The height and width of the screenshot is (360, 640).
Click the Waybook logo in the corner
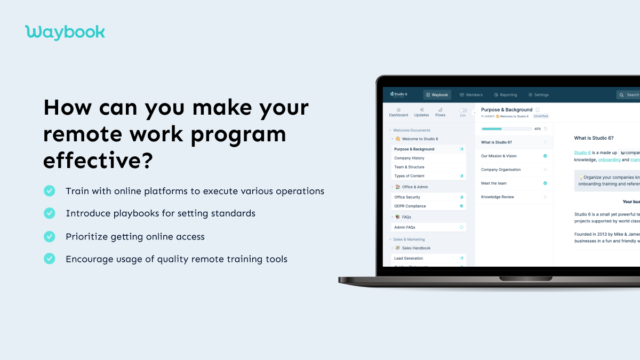[x=65, y=32]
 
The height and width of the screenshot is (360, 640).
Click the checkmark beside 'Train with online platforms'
[x=50, y=191]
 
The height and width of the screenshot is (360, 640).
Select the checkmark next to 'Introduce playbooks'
[x=50, y=213]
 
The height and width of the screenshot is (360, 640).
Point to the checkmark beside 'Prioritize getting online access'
[x=50, y=236]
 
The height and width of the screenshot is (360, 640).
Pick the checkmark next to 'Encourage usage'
[x=50, y=259]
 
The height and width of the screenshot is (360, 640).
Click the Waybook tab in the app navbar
[x=437, y=95]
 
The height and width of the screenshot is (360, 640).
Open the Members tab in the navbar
[x=471, y=95]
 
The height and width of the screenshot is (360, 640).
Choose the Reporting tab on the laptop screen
[x=505, y=95]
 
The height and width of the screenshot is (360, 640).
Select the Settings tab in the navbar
[x=538, y=95]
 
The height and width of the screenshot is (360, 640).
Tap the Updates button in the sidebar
[x=421, y=112]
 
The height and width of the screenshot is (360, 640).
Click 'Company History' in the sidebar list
[x=409, y=158]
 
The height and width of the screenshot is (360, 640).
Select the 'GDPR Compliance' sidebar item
[x=410, y=206]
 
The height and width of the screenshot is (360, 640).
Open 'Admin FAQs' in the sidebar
[x=405, y=227]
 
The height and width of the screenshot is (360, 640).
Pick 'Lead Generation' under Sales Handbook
[x=409, y=258]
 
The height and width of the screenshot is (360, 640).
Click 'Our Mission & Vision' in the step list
[x=499, y=156]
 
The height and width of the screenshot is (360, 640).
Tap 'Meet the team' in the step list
[x=494, y=183]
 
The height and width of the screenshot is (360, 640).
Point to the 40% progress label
[x=538, y=129]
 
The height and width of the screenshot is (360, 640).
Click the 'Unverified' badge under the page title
[x=541, y=116]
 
